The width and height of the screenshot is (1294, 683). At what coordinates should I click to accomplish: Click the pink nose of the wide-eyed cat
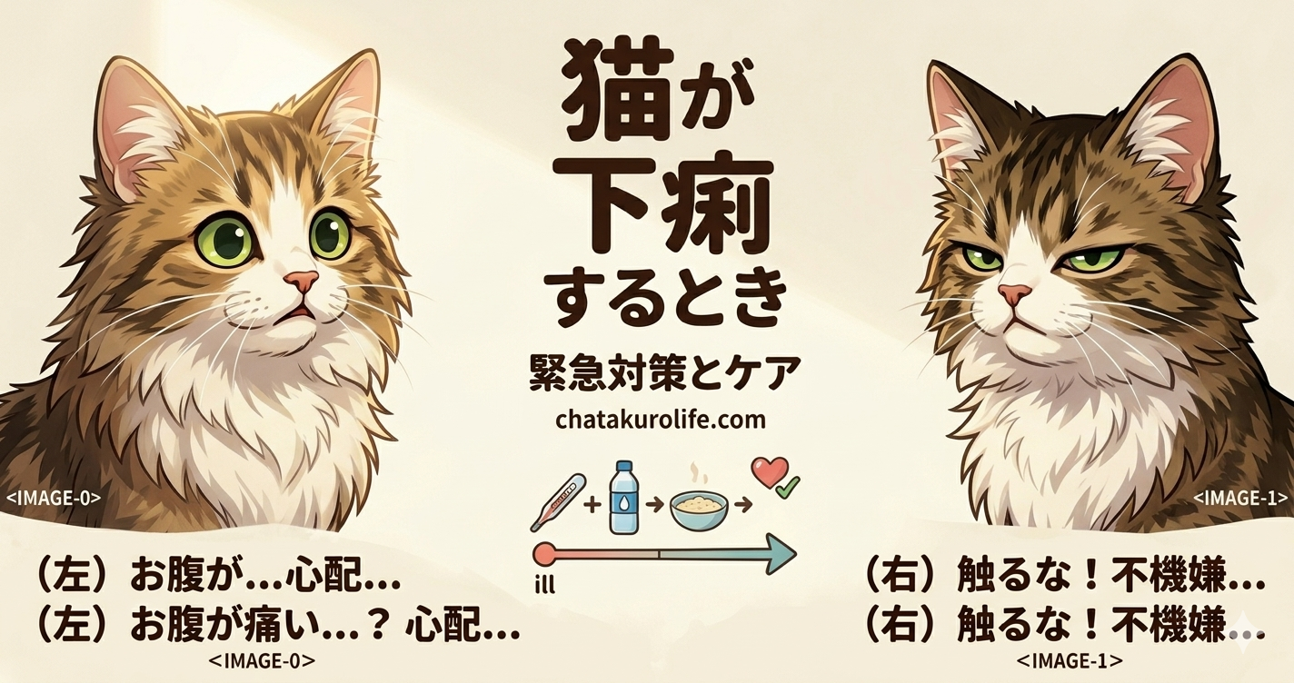click(301, 281)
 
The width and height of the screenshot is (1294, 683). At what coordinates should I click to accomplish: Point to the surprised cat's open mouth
click(300, 312)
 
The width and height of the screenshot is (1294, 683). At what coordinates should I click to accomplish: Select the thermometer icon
click(558, 502)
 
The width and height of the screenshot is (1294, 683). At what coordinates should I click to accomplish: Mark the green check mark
click(788, 488)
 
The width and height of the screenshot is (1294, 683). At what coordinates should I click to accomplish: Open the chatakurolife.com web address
click(661, 420)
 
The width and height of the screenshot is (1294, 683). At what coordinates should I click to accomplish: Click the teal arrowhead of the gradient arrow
click(781, 554)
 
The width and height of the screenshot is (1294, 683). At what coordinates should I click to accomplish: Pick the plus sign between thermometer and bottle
click(592, 505)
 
